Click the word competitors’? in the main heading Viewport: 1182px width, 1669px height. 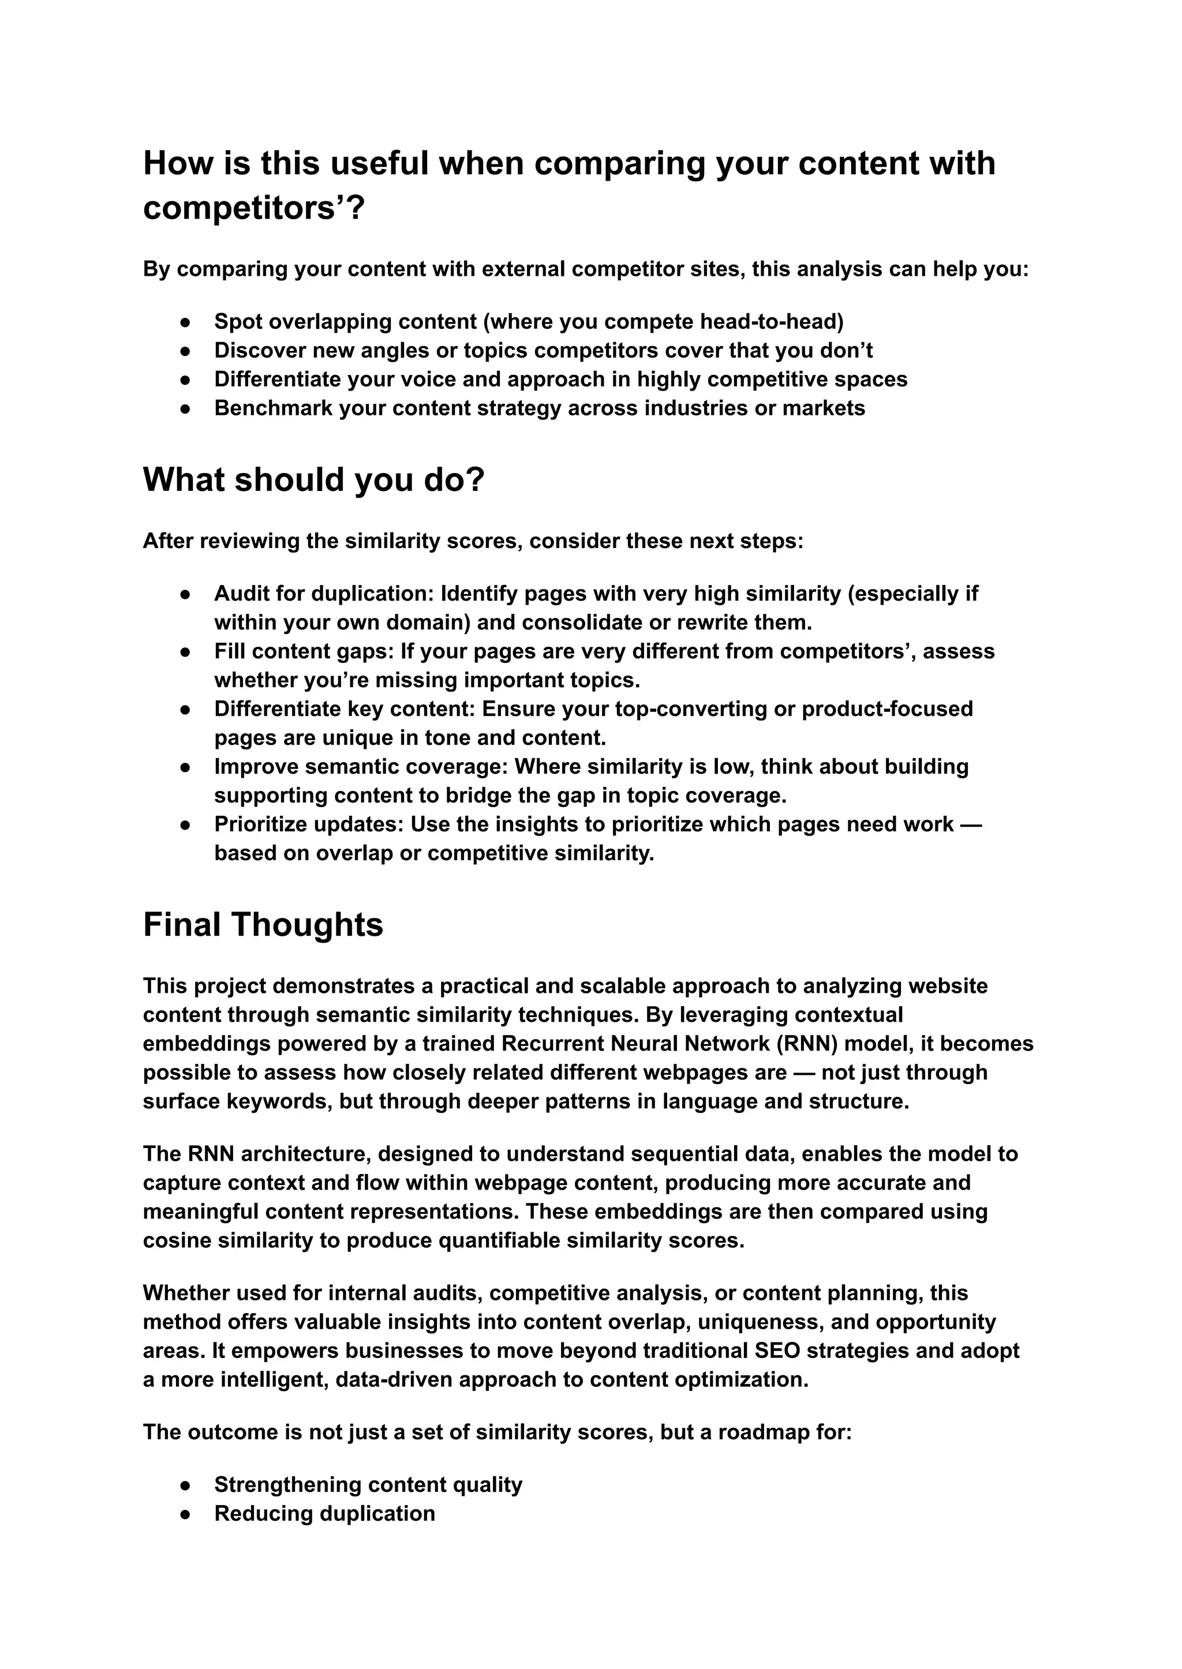coord(253,209)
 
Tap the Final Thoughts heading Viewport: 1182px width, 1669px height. coord(263,925)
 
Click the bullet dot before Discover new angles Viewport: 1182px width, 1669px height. coord(186,351)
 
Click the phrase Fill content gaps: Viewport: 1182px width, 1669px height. coord(304,651)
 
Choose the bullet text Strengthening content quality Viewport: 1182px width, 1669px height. coord(368,1485)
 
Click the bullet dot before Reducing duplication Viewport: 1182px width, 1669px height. coord(186,1514)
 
